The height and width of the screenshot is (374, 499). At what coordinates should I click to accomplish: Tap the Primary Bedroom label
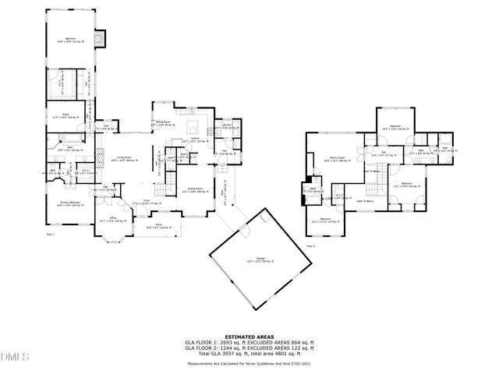tap(69, 203)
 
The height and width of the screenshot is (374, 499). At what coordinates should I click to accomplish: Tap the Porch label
tap(158, 227)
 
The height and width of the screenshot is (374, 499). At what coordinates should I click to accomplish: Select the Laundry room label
tap(227, 125)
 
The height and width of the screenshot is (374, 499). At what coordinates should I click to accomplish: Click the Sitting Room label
tap(164, 123)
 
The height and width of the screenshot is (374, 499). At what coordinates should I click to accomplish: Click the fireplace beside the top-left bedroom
tap(98, 40)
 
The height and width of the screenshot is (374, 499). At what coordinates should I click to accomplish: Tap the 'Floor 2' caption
tap(310, 246)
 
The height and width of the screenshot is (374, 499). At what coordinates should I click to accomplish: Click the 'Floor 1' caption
tap(51, 233)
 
